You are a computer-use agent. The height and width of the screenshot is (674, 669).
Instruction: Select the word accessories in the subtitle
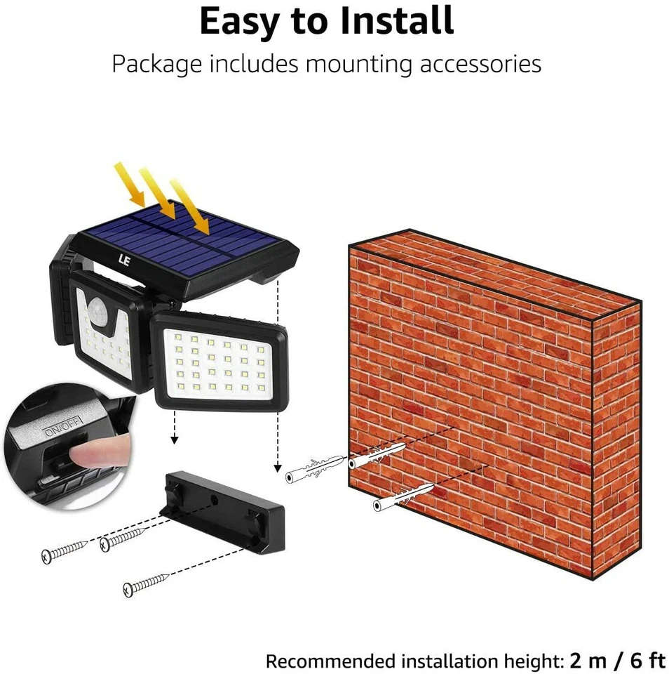click(x=480, y=64)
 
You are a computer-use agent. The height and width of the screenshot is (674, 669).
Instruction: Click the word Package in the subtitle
click(x=156, y=65)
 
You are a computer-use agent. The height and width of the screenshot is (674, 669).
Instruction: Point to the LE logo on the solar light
click(x=124, y=260)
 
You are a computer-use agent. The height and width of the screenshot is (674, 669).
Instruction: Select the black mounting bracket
click(x=222, y=513)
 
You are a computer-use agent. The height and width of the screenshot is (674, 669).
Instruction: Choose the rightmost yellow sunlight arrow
click(x=190, y=206)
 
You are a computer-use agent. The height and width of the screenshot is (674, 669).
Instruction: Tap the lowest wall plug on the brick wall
click(x=403, y=497)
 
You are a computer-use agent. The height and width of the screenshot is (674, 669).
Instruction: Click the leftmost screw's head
click(x=47, y=556)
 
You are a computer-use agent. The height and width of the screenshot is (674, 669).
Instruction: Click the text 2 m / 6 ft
click(x=618, y=660)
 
